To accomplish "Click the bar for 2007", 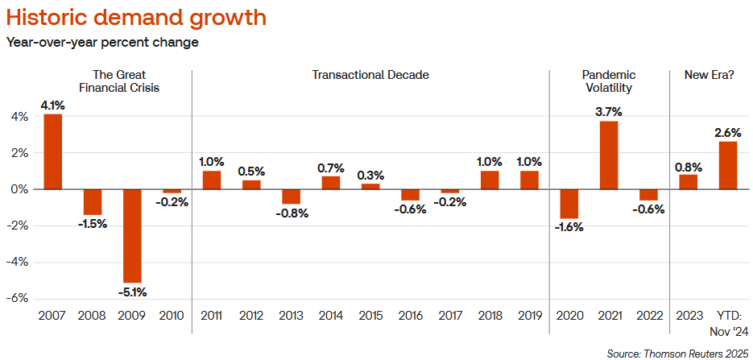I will (53, 151).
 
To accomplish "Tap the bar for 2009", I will (132, 235).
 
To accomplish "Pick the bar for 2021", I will (608, 155).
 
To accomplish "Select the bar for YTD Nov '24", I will (727, 165).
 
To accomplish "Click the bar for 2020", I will (569, 204).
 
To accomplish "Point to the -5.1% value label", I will (132, 292).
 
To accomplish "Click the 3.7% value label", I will (608, 111).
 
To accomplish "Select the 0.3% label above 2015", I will (370, 175).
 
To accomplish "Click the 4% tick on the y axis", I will (19, 117).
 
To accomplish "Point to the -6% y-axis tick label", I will (18, 298).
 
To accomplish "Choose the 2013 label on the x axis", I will (291, 315).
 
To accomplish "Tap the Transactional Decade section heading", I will (370, 75).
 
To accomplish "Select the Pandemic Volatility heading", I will (609, 81).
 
